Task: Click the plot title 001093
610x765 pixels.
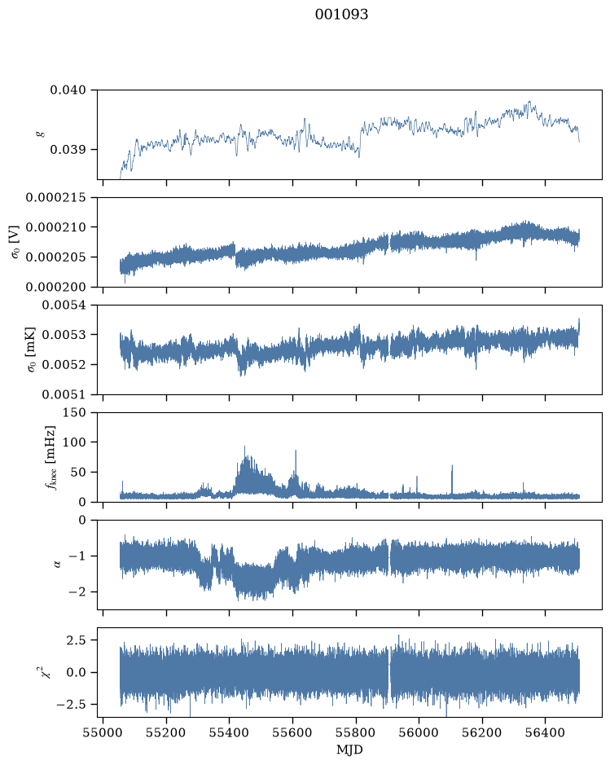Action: (341, 14)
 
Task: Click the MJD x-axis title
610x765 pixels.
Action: (349, 750)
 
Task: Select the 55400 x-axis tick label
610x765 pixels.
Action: (229, 732)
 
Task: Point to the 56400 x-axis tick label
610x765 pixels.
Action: (545, 732)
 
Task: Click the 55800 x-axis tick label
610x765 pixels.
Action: (356, 732)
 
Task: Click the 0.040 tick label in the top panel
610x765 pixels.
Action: (68, 90)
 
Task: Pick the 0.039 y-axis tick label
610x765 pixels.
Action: (68, 149)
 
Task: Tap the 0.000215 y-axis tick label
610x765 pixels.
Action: (55, 198)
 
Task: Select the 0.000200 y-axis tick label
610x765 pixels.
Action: (55, 287)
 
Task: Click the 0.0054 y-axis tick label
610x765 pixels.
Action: (64, 305)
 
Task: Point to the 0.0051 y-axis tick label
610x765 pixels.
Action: (64, 393)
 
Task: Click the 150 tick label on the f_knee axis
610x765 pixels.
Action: (75, 412)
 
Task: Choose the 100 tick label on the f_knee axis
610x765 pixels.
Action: (75, 442)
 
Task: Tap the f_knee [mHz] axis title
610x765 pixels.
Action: (51, 457)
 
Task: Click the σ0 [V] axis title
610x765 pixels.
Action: (16, 242)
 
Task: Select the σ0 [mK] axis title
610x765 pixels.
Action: (31, 350)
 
